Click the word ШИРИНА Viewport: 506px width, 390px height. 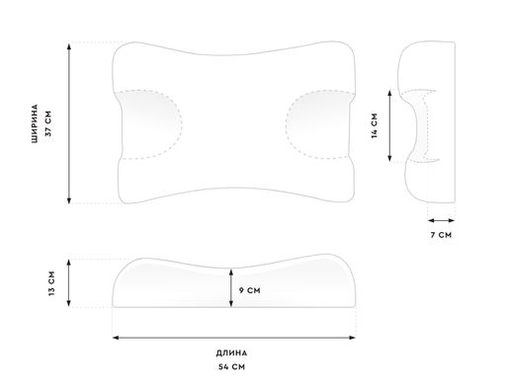click(35, 123)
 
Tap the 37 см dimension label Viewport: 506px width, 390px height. click(48, 123)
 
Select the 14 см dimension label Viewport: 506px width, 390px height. click(375, 125)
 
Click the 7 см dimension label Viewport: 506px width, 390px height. click(441, 235)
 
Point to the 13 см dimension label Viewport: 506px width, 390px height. click(51, 283)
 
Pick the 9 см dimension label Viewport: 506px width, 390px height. click(249, 290)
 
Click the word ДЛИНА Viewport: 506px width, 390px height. click(231, 353)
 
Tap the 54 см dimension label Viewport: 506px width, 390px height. click(231, 366)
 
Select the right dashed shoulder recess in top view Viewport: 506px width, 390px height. click(319, 124)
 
